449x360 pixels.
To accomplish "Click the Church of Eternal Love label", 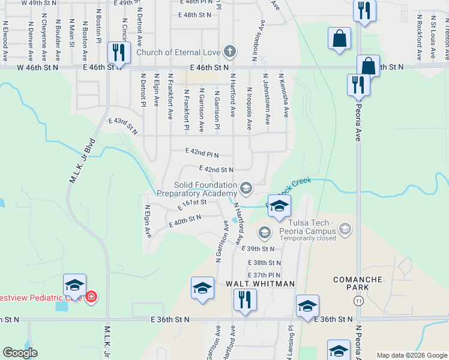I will (179, 52).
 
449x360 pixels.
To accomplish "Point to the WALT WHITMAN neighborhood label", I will (260, 283).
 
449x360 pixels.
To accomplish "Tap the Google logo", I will (20, 352).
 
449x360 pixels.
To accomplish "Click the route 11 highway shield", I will (358, 300).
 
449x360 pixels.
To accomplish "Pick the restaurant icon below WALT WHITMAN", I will (244, 299).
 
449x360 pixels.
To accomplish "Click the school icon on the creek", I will (279, 206).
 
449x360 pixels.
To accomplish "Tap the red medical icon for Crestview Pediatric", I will (91, 296).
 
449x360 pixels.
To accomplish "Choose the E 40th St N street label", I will (185, 221).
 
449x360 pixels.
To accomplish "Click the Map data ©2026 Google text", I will (412, 355).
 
